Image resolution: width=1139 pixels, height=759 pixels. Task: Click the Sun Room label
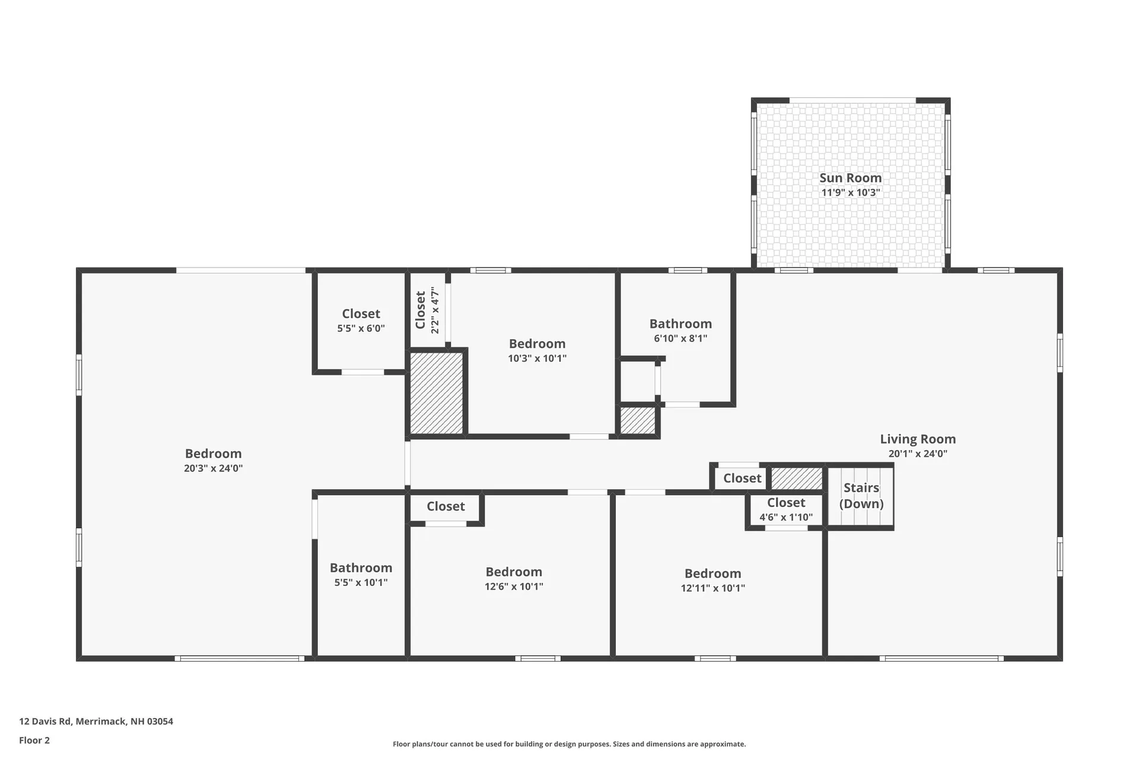[850, 178]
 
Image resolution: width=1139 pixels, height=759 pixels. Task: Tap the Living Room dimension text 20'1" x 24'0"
[918, 454]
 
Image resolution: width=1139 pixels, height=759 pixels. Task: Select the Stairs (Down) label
[861, 496]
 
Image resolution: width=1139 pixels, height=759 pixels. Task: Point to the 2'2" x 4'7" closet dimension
[435, 310]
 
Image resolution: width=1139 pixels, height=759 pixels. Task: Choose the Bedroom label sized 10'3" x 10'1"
[537, 344]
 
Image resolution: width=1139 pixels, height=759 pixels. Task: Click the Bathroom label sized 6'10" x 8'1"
[680, 324]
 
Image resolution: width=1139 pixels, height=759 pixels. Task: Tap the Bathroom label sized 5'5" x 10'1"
[361, 568]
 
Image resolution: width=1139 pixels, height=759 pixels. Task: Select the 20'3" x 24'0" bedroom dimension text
[213, 468]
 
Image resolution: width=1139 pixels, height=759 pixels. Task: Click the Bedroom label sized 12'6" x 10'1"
[514, 572]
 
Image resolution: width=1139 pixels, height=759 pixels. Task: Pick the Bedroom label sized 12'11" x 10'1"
[712, 573]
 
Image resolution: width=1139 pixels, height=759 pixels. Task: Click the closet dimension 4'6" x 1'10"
[786, 517]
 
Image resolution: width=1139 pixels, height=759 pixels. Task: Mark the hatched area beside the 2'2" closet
[437, 393]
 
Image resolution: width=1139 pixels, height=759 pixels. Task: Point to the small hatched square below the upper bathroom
[638, 420]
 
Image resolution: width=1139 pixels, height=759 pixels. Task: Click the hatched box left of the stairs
[796, 478]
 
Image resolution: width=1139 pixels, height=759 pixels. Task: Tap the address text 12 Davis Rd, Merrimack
[96, 722]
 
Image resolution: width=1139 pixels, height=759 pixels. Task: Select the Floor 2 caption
[34, 740]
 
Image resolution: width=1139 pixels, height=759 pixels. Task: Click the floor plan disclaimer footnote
[569, 744]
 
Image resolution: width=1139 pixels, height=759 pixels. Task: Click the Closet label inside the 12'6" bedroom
[446, 506]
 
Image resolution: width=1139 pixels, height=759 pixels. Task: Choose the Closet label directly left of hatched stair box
[742, 479]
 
